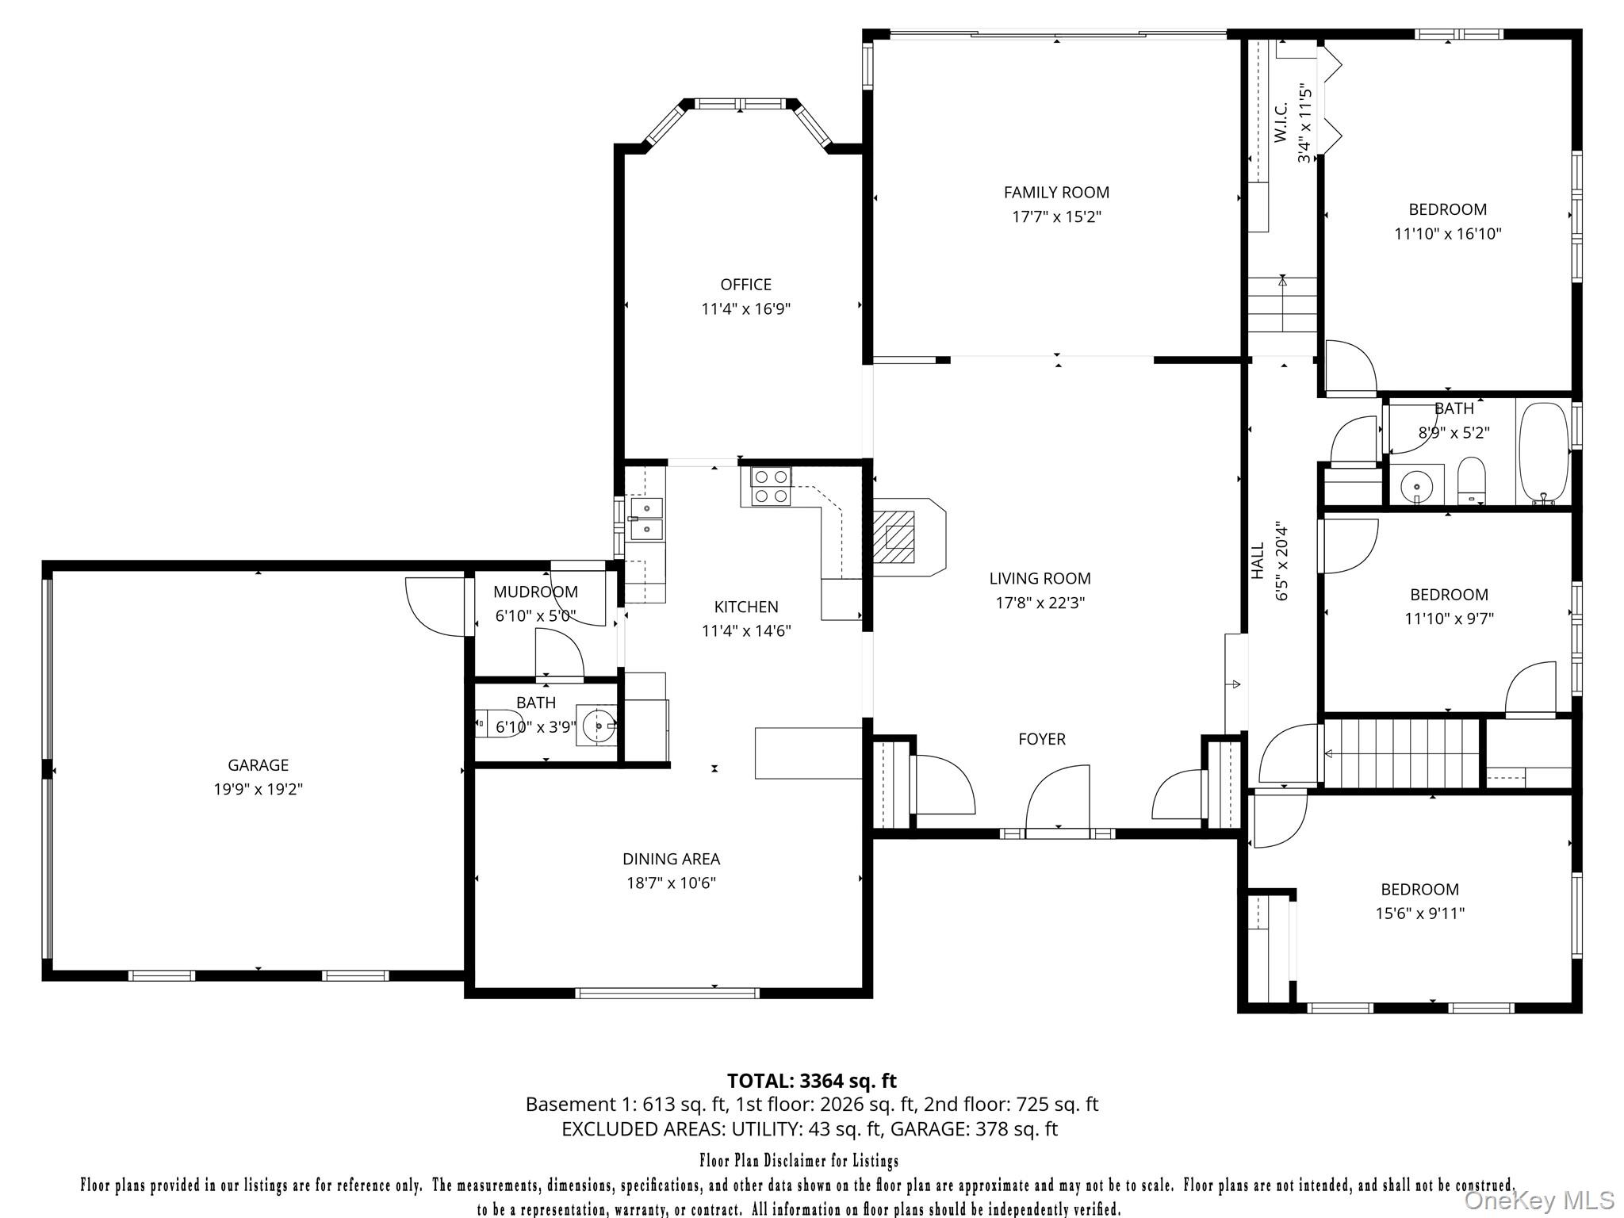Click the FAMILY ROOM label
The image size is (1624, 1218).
pos(1056,192)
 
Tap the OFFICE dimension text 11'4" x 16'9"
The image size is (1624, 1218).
pos(745,309)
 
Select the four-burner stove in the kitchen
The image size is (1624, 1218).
pos(771,486)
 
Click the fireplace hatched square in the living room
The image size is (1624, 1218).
pos(899,537)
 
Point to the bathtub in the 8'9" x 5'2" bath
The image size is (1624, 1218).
pos(1543,454)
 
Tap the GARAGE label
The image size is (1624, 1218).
pos(258,765)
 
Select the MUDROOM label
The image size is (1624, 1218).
pos(535,592)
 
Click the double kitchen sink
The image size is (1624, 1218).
pos(646,518)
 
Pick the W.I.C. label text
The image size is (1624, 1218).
pos(1280,123)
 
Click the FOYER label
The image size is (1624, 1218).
pos(1041,739)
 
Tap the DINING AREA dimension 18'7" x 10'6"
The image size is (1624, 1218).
pos(671,883)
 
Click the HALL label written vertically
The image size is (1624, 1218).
pos(1258,561)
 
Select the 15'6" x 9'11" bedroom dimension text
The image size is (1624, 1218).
pos(1419,913)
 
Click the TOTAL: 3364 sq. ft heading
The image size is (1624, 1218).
pos(811,1081)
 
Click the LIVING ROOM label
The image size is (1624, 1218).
pos(1040,579)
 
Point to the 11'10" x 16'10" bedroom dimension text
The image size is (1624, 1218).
pos(1447,234)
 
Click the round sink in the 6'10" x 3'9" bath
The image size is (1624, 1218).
pos(596,725)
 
